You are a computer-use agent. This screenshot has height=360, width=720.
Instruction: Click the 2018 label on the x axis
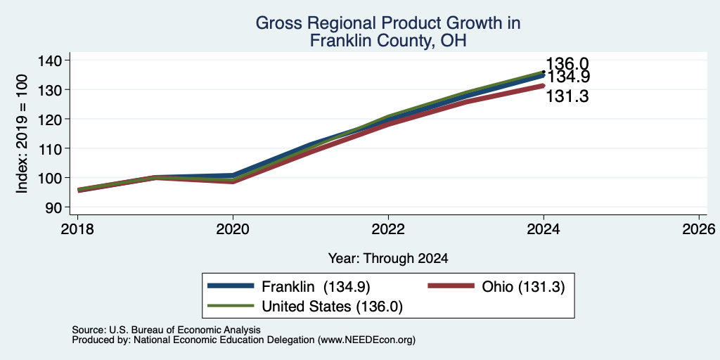coord(77,229)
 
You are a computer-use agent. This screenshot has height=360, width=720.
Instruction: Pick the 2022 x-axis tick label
coord(388,229)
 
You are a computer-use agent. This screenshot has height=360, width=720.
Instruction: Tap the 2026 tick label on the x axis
coord(699,229)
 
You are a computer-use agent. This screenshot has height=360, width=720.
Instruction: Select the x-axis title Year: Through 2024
coord(388,259)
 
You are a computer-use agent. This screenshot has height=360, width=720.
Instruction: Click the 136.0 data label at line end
coord(567,64)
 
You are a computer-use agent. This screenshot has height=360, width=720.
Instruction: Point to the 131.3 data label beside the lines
coord(567,96)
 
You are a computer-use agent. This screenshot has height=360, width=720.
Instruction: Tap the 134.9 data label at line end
coord(568,77)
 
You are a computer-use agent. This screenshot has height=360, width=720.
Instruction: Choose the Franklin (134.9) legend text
coord(316,287)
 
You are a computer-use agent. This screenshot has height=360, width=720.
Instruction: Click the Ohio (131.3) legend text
coord(523,287)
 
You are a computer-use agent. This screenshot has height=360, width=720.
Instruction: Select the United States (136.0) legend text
coord(332,307)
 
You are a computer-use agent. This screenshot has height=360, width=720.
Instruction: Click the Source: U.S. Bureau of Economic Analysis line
coord(166,330)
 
